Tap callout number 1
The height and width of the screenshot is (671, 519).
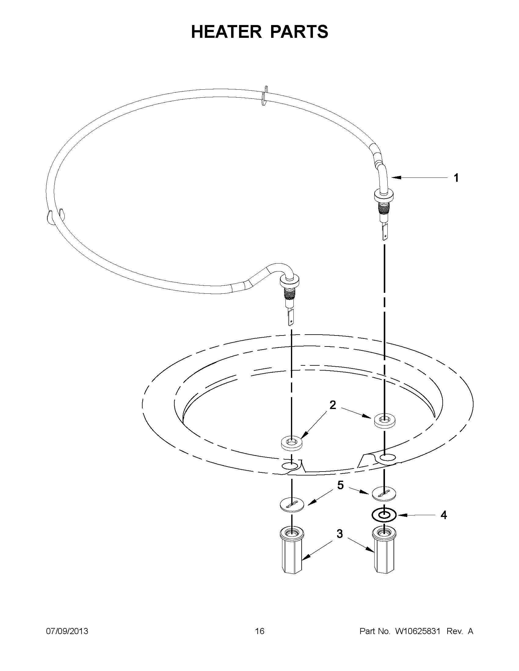(x=456, y=178)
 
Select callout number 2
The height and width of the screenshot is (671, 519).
(x=333, y=405)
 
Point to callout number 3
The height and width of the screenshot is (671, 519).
(x=339, y=534)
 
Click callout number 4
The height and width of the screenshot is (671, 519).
(x=443, y=515)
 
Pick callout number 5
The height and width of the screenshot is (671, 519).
(x=340, y=485)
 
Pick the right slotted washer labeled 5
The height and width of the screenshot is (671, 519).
(x=384, y=494)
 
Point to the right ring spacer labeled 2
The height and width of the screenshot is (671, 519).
(x=385, y=420)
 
